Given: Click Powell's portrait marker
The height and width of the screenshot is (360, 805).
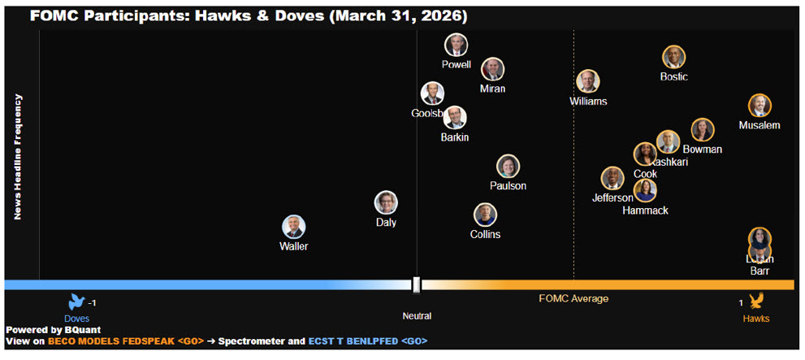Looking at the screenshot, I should [456, 46].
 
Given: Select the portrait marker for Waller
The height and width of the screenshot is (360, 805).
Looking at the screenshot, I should [293, 227].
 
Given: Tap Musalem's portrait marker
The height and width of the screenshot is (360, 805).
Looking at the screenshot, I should [760, 106].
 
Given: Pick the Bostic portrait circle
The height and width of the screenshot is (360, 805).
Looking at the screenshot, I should [673, 57].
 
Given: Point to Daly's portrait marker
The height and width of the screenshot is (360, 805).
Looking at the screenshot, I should [386, 202].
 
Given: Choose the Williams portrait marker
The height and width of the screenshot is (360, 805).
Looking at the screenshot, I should [588, 81].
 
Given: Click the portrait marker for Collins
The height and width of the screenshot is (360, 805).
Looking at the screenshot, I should [485, 215].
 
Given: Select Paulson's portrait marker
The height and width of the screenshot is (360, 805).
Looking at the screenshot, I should [508, 167].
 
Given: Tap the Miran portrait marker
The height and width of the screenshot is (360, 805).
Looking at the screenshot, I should [492, 69].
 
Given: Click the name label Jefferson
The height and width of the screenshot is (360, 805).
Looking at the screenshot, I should [612, 197].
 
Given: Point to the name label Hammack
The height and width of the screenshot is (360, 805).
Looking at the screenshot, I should [645, 210].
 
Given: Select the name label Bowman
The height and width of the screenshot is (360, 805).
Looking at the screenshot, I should [702, 150].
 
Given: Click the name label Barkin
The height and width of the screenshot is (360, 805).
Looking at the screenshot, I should [455, 137].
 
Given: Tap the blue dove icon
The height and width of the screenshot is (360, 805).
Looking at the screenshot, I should [77, 302].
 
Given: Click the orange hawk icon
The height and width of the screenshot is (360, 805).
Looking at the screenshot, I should [756, 302].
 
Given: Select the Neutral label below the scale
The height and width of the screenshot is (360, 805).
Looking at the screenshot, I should [417, 316].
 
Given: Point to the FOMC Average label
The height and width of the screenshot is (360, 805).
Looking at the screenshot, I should [573, 299].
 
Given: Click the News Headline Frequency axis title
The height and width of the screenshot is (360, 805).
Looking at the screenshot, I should [17, 157].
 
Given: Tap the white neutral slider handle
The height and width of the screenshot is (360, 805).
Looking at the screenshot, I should [417, 284].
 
